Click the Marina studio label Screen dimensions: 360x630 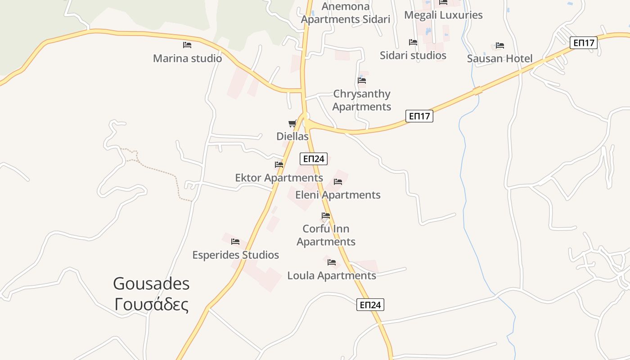(187, 58)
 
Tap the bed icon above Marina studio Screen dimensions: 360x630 (187, 45)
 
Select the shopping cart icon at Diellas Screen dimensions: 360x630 (292, 123)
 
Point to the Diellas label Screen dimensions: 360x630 (292, 136)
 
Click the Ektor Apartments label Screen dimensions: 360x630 (279, 178)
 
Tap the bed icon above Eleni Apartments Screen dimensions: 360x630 (338, 182)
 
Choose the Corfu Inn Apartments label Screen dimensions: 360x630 (326, 235)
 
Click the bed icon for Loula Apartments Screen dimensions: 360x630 (332, 262)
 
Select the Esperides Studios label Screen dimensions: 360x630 (235, 255)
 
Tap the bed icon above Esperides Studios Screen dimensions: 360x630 (235, 242)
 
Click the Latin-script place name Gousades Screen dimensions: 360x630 (151, 284)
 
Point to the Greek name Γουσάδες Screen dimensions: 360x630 (151, 305)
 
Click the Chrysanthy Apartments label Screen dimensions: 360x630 (362, 100)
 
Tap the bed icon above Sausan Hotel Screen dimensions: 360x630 (499, 45)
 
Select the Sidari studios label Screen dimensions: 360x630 (413, 55)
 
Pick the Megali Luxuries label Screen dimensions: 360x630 (443, 15)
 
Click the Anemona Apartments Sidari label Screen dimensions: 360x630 (346, 13)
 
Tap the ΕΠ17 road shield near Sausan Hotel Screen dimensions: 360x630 (584, 43)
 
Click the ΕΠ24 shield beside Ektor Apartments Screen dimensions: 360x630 (314, 158)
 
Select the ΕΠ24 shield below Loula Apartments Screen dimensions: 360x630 (370, 305)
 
